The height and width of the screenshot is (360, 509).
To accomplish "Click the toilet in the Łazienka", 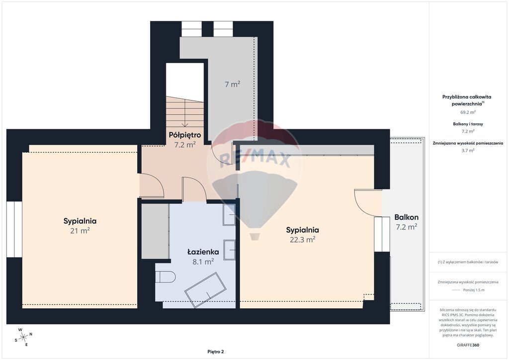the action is pyautogui.click(x=166, y=277).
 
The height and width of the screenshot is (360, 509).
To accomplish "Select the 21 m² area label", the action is pyautogui.click(x=80, y=231).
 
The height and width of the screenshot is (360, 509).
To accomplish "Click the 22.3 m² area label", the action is pyautogui.click(x=303, y=240).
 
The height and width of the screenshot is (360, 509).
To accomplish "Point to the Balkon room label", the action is pyautogui.click(x=407, y=217).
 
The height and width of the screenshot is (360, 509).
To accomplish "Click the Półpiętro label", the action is pyautogui.click(x=185, y=135).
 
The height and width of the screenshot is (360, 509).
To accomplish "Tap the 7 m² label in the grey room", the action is pyautogui.click(x=233, y=84).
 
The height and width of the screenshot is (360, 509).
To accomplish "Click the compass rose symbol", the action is pyautogui.click(x=23, y=338).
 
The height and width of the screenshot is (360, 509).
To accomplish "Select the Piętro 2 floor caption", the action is pyautogui.click(x=216, y=352).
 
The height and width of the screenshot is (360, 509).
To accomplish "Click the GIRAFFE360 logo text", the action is pyautogui.click(x=468, y=345).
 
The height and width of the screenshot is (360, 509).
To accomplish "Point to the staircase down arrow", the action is pyautogui.click(x=185, y=113).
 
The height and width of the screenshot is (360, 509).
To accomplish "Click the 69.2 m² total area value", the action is pyautogui.click(x=468, y=112).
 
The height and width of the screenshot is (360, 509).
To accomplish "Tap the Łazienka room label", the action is pyautogui.click(x=203, y=252).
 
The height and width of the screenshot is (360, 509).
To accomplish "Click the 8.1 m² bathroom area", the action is pyautogui.click(x=203, y=262).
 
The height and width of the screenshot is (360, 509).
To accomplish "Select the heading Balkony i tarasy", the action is pyautogui.click(x=468, y=124).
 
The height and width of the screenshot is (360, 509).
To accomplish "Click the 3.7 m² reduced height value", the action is pyautogui.click(x=468, y=150).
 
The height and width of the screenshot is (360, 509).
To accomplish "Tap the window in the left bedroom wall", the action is pyautogui.click(x=14, y=229).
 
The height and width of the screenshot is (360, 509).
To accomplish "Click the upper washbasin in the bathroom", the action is pyautogui.click(x=229, y=215).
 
